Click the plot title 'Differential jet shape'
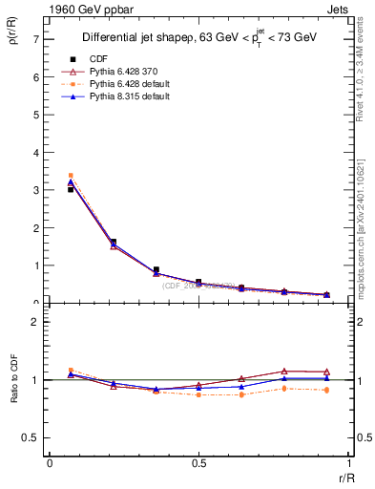point(138,38)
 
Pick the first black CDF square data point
point(71,189)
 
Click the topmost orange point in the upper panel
point(71,176)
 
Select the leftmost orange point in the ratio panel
point(71,371)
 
